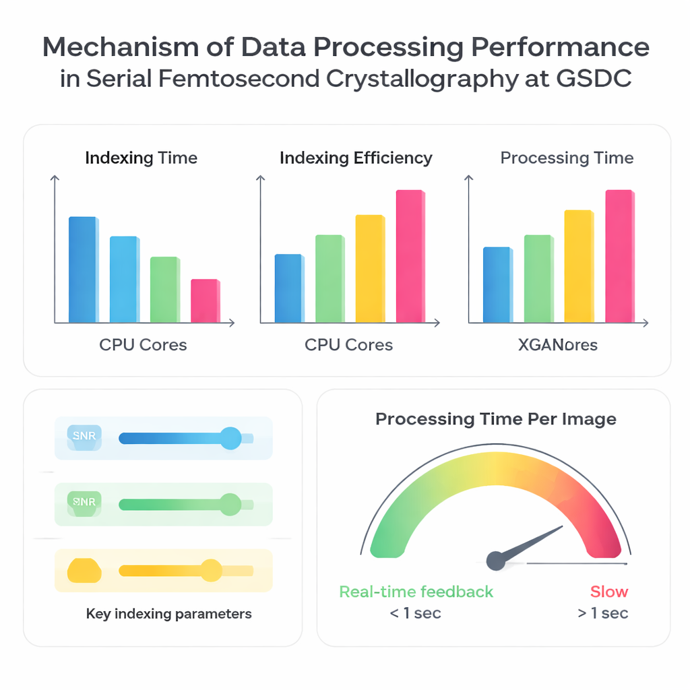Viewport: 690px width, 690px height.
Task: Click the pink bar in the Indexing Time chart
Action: coord(205,301)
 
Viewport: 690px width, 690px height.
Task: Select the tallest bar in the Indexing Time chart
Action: coord(83,270)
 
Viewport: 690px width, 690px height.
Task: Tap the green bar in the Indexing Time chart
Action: coord(164,289)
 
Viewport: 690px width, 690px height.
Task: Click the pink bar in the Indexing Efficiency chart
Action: coord(410,256)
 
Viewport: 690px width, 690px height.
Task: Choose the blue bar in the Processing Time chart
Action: coord(497,284)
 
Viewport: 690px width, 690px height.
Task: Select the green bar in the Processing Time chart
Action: coord(538,278)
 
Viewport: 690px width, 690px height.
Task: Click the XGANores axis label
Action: coord(557,346)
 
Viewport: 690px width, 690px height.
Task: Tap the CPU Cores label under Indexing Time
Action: coord(143,345)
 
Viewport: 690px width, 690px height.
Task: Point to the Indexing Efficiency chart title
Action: coord(356,158)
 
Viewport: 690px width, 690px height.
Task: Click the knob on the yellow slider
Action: coord(212,570)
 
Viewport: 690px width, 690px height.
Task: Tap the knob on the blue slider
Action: coord(230,438)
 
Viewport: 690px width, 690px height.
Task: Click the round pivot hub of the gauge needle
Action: coord(496,559)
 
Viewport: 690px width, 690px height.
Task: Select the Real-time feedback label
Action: coord(416,592)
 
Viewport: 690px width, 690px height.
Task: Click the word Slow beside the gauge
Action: coord(609,592)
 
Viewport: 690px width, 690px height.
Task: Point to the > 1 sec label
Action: coord(603,613)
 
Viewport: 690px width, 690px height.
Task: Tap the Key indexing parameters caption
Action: coord(169,614)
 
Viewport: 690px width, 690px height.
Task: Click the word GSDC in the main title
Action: coord(594,79)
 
